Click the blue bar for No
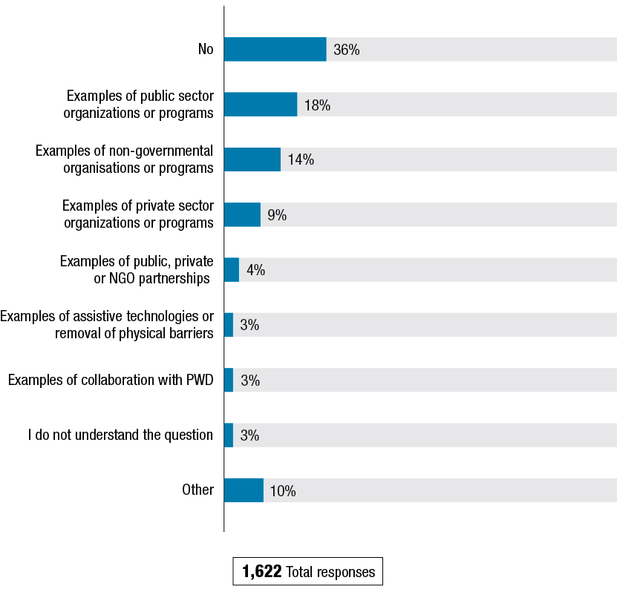275,50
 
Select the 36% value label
347,50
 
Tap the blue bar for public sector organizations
261,105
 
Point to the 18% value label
317,105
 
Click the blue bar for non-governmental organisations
252,159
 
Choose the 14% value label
301,160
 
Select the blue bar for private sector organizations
242,214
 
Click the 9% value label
277,215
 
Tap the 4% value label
255,270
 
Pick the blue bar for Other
244,490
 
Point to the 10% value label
283,491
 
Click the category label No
206,50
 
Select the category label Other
198,490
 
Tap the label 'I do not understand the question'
120,435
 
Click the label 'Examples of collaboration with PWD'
111,381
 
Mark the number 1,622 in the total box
261,572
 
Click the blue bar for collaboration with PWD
229,380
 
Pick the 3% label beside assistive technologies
249,325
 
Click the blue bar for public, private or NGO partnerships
232,270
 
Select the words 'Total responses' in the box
330,572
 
